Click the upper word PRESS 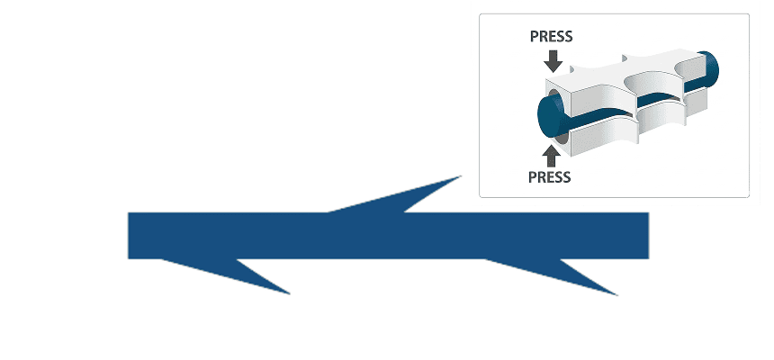(x=551, y=37)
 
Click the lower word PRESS (x=549, y=176)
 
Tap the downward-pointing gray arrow (x=553, y=60)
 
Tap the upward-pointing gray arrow (x=551, y=155)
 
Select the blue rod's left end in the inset (x=548, y=116)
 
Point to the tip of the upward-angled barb (x=461, y=175)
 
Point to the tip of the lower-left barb (x=289, y=294)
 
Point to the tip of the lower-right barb (x=617, y=295)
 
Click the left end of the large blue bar (x=129, y=236)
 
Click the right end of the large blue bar (x=648, y=236)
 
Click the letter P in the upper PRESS (x=534, y=37)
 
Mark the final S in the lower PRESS (x=567, y=176)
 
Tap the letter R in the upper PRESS (x=543, y=37)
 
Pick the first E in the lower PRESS (x=549, y=176)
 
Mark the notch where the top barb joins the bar (x=405, y=212)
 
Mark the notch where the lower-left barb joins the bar (x=237, y=259)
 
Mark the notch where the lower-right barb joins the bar (x=561, y=259)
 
